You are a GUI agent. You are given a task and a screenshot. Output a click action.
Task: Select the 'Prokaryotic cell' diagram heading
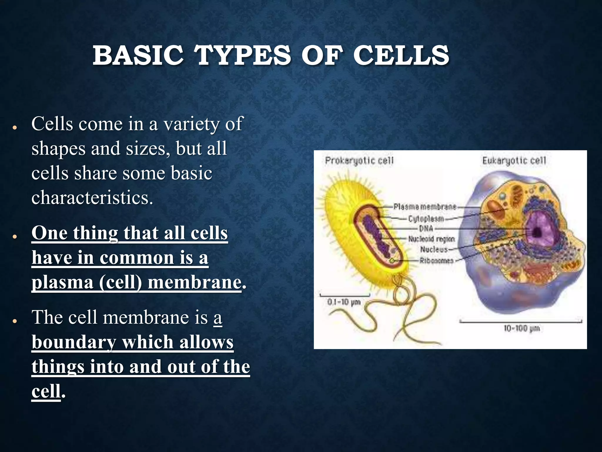[359, 161]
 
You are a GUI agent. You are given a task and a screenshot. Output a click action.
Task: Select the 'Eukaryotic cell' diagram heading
[514, 161]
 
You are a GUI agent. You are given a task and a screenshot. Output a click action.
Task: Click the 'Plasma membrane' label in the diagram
[425, 207]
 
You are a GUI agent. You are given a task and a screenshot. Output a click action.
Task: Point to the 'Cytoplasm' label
[426, 219]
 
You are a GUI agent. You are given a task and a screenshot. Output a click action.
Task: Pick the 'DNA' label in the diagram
[426, 228]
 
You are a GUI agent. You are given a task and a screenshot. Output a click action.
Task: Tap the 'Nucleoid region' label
[432, 239]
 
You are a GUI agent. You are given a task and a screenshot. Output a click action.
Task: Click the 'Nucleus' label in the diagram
[434, 250]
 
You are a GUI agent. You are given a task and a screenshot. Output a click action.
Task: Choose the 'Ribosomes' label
[436, 261]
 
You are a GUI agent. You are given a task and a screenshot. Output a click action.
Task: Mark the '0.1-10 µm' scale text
[344, 302]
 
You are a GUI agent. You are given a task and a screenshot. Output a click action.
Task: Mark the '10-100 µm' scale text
[522, 328]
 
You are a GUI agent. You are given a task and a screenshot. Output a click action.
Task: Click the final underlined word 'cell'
[46, 391]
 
